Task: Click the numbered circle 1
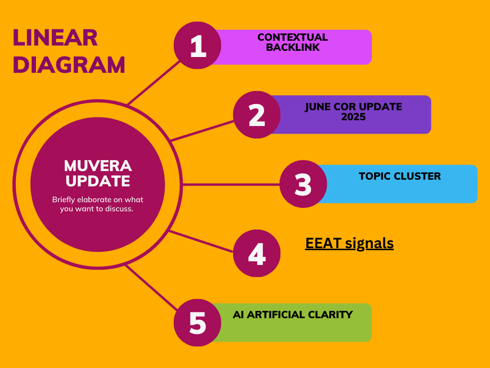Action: click(x=197, y=46)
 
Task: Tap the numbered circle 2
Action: click(x=256, y=115)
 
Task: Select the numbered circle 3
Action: click(x=303, y=184)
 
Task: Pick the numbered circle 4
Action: click(x=256, y=253)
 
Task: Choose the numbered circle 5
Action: click(x=197, y=322)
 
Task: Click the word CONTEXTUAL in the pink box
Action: click(x=292, y=37)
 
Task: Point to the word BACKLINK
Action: click(x=292, y=47)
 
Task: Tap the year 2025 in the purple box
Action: click(x=353, y=116)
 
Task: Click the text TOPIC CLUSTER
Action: click(x=400, y=176)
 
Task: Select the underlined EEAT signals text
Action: click(x=349, y=243)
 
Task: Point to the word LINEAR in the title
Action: click(x=55, y=38)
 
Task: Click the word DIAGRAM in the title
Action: click(x=69, y=65)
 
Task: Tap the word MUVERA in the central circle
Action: click(x=98, y=166)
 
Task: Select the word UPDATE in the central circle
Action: click(x=98, y=181)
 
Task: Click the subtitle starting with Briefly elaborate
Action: click(x=98, y=204)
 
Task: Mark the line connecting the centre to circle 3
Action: click(x=230, y=184)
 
